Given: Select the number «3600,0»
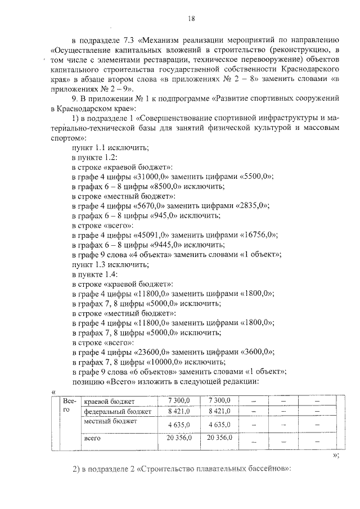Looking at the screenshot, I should point(256,351).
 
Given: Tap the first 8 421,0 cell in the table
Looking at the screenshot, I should point(180,411).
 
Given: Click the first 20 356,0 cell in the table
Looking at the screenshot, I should point(180,437).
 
